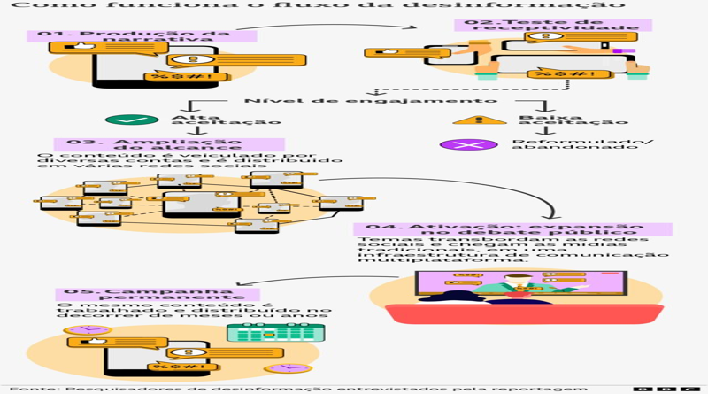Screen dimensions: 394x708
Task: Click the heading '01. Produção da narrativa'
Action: (x=142, y=39)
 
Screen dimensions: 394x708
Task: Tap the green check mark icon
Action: (x=131, y=121)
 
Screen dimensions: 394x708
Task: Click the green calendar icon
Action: (x=275, y=333)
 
